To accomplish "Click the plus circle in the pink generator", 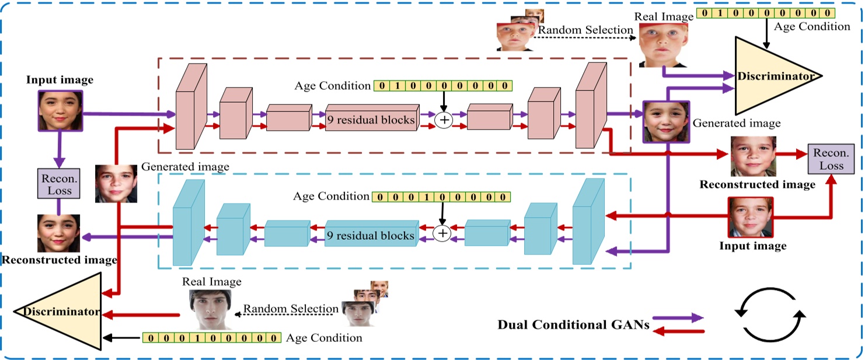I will [x=444, y=120].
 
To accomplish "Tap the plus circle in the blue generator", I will [x=442, y=233].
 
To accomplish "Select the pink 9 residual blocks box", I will [x=372, y=120].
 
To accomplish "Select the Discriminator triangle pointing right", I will [x=770, y=76].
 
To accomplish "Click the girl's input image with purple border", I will [x=60, y=110].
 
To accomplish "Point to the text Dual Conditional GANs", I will [x=573, y=325].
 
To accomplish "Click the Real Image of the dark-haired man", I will [x=210, y=309].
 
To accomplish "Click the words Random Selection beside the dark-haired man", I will [x=290, y=309].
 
